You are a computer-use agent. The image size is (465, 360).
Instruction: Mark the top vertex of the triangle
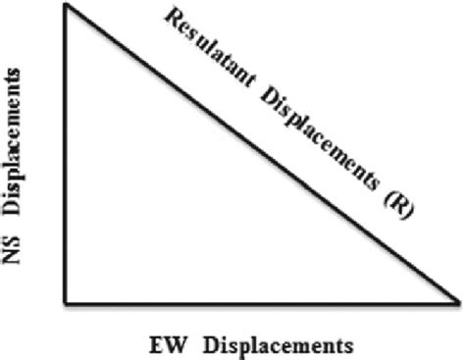point(66,6)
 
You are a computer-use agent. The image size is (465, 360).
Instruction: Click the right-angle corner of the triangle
point(66,298)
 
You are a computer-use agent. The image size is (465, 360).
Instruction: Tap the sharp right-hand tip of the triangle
point(458,298)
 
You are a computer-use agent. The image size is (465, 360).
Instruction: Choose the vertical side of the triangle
point(66,157)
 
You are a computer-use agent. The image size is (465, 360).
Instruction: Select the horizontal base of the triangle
point(255,298)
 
